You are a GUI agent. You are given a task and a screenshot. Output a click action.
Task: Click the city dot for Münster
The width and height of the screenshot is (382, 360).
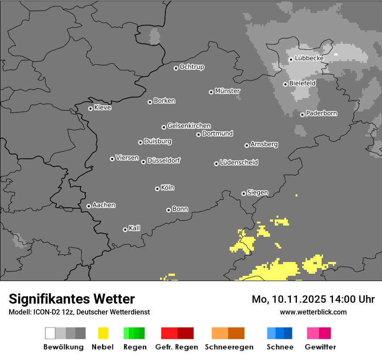tap(211, 92)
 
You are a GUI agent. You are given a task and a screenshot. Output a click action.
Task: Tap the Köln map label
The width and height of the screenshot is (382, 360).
tap(168, 188)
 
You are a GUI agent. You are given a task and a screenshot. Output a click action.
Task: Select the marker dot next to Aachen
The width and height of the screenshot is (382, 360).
tap(89, 206)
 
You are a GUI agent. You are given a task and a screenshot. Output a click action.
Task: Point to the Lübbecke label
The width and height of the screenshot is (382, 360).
tap(309, 58)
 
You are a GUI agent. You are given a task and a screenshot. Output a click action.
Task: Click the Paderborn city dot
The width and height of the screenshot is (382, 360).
tap(302, 115)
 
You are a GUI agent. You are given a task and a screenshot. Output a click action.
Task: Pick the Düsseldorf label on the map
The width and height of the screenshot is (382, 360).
tap(164, 160)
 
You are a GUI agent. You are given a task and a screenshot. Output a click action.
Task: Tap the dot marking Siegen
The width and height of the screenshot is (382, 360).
tap(244, 193)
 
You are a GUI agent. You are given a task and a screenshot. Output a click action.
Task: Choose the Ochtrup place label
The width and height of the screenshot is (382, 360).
tap(192, 67)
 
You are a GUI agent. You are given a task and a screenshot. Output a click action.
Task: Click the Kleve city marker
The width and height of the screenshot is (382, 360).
tap(90, 108)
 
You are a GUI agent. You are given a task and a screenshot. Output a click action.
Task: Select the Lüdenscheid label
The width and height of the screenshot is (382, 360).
tap(239, 163)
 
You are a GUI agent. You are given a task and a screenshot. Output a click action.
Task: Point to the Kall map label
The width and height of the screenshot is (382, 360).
tap(135, 228)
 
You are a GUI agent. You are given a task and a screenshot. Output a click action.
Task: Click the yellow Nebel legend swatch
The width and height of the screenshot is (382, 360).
tap(103, 333)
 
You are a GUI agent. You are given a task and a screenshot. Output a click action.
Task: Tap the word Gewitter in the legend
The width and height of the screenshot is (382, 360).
tap(320, 347)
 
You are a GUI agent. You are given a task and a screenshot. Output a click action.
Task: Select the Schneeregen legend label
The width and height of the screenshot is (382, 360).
tap(229, 347)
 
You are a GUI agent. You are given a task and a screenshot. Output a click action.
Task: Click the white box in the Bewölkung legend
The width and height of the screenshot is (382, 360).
tap(50, 333)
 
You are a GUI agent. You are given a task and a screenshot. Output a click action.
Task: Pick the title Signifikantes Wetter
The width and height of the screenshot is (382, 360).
tap(72, 299)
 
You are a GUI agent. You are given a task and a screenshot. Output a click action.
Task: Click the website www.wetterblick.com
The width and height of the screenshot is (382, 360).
tap(313, 312)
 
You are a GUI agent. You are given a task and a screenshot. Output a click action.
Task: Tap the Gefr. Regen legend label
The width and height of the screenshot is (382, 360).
tap(177, 347)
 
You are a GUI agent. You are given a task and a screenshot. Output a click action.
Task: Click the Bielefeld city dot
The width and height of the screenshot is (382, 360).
tap(285, 84)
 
